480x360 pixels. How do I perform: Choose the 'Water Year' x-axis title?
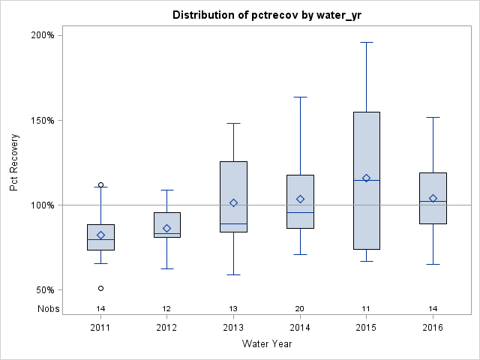[x=267, y=344]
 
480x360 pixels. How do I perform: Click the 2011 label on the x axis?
[x=100, y=328]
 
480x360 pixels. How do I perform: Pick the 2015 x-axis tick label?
[x=366, y=328]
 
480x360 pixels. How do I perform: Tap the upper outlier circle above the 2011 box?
[x=100, y=184]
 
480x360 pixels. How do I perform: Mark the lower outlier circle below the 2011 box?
[x=100, y=288]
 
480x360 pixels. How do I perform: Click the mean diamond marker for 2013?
[x=233, y=202]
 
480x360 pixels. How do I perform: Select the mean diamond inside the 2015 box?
[x=366, y=178]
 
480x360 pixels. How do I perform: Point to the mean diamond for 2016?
[x=433, y=198]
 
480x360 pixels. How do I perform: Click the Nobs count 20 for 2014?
[x=300, y=308]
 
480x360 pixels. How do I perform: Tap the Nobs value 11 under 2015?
[x=366, y=308]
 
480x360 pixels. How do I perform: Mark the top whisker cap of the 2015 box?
[x=366, y=42]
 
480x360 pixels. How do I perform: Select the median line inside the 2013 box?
[x=233, y=223]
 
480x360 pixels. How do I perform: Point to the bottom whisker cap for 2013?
[x=233, y=274]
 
